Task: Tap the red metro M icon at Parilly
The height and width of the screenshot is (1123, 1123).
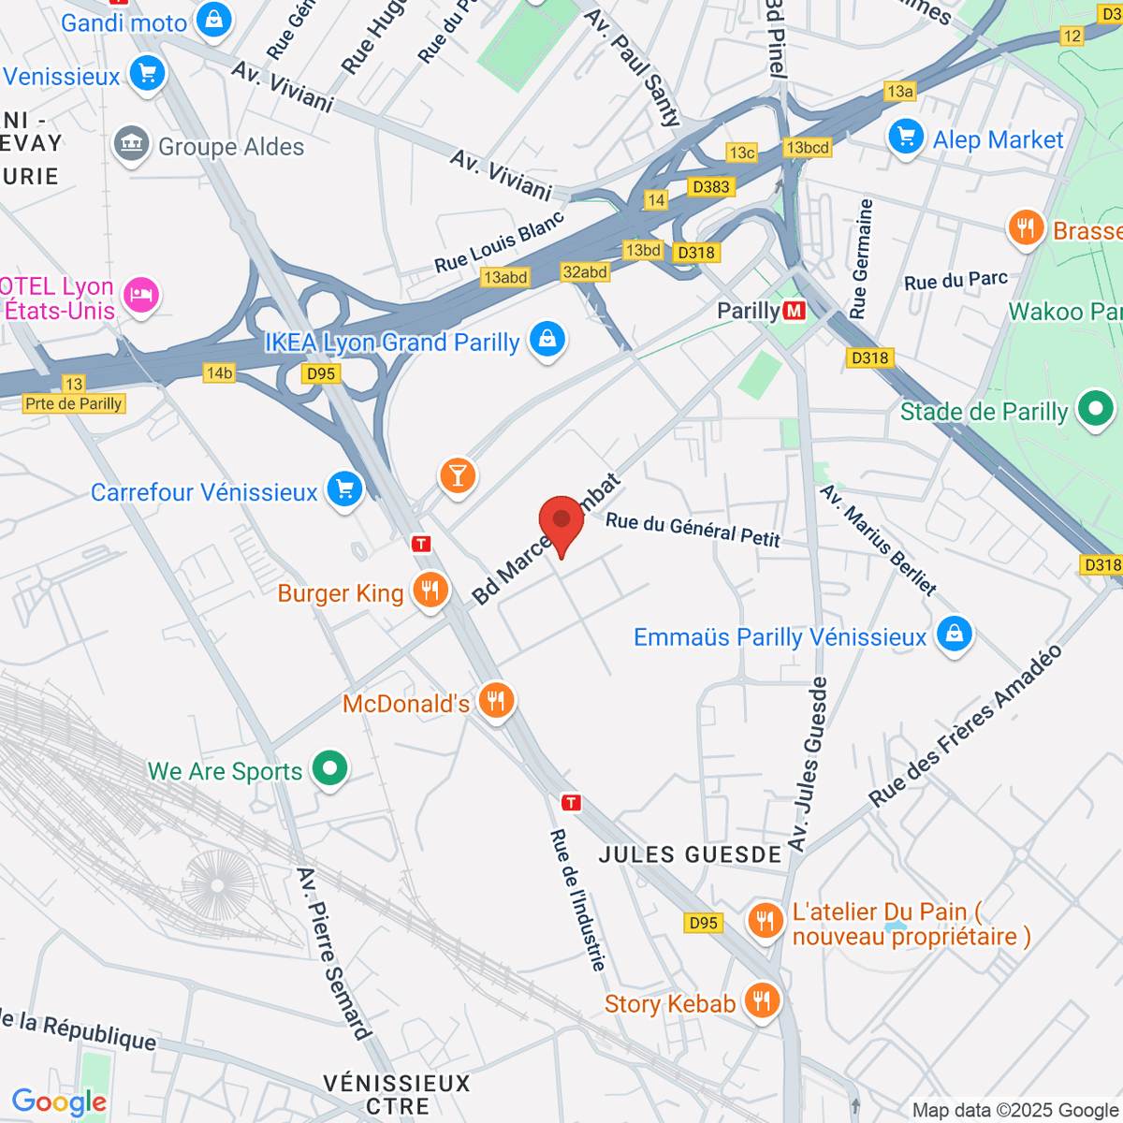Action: pyautogui.click(x=795, y=311)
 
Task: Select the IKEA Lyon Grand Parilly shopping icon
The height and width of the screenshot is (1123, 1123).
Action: pyautogui.click(x=547, y=339)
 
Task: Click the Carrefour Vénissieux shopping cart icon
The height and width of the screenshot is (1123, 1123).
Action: pyautogui.click(x=344, y=489)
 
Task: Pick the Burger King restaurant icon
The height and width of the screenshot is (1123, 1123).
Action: pyautogui.click(x=430, y=591)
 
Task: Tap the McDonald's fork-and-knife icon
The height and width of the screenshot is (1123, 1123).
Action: pyautogui.click(x=496, y=701)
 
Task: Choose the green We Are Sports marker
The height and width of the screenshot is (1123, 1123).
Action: pyautogui.click(x=328, y=769)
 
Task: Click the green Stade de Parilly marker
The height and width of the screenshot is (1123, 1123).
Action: pyautogui.click(x=1095, y=410)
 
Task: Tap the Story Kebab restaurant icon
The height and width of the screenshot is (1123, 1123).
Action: pyautogui.click(x=763, y=1001)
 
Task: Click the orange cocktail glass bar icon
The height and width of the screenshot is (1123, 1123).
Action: pyautogui.click(x=458, y=476)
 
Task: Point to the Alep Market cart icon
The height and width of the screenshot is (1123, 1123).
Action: pyautogui.click(x=905, y=138)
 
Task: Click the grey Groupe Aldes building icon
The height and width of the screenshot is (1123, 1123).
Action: pyautogui.click(x=132, y=145)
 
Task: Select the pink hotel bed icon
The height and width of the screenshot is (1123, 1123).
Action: pyautogui.click(x=140, y=297)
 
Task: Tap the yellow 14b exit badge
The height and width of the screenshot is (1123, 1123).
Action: pyautogui.click(x=219, y=373)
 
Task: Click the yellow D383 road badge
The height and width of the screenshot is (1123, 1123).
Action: pyautogui.click(x=710, y=187)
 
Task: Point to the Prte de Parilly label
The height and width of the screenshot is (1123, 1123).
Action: pyautogui.click(x=74, y=403)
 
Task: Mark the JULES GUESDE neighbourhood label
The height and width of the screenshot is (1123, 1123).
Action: pyautogui.click(x=690, y=854)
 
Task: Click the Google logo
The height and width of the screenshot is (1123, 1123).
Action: pyautogui.click(x=59, y=1102)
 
